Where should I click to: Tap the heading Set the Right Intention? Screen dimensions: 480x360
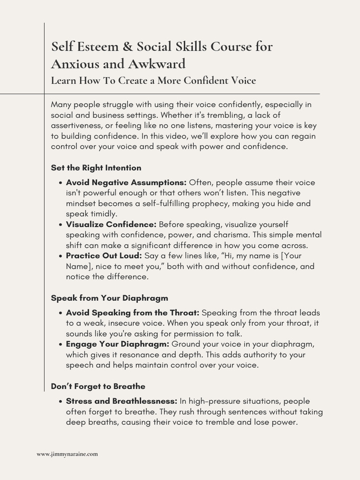[x=96, y=168]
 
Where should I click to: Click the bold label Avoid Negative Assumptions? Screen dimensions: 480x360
[x=126, y=182]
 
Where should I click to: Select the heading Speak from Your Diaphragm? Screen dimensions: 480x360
[x=109, y=298]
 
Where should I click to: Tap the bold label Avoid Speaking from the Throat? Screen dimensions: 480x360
[x=133, y=313]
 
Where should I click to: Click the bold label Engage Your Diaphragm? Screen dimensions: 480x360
[x=118, y=344]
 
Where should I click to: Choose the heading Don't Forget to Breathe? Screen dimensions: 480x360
[x=98, y=387]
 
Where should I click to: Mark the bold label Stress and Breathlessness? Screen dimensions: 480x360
[x=122, y=401]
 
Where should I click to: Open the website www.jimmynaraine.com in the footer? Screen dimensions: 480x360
[x=67, y=454]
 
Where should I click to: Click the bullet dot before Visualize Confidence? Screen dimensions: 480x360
[x=61, y=225]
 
